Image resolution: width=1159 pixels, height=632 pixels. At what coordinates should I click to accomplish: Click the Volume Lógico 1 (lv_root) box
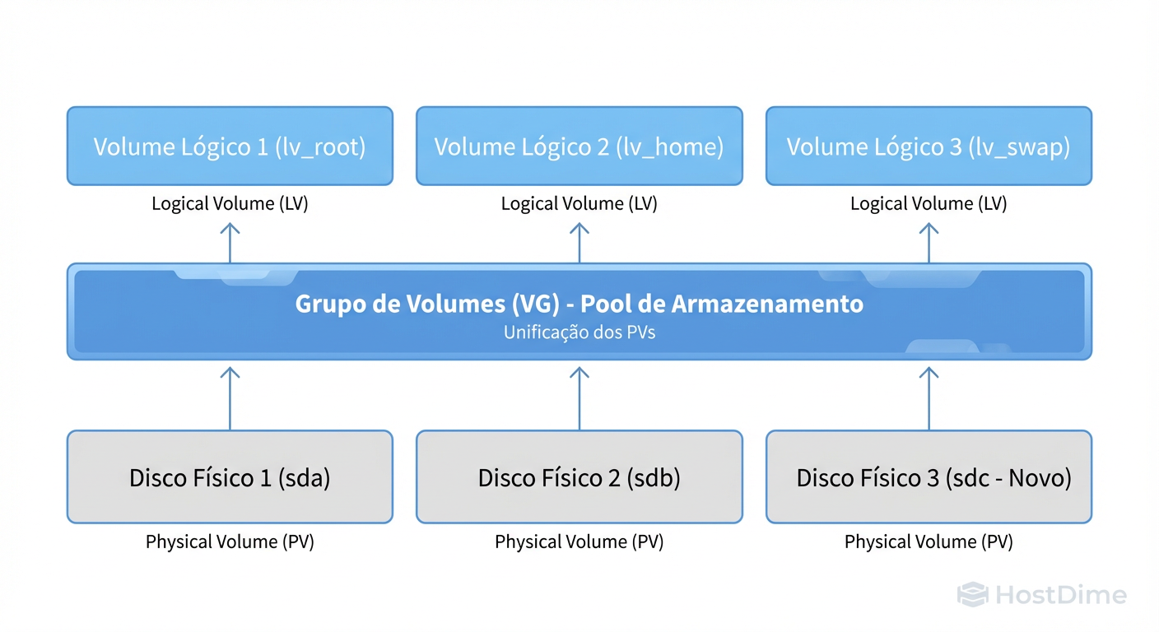pos(230,146)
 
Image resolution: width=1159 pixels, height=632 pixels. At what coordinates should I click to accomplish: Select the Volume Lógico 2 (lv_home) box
pos(579,146)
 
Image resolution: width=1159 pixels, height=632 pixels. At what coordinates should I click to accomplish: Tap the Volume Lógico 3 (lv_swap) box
pos(929,146)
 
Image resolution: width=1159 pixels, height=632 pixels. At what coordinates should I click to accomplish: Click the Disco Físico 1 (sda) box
pos(230,477)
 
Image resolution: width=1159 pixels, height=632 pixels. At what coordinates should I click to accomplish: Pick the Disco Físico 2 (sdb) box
pos(579,477)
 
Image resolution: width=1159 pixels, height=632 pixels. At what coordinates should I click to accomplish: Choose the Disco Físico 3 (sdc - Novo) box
pos(929,477)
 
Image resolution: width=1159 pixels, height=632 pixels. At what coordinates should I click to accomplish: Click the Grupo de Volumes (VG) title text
pos(579,304)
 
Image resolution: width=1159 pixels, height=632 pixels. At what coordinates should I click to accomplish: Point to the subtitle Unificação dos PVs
pos(579,333)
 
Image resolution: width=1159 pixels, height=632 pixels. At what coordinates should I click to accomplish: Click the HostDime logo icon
pos(972,595)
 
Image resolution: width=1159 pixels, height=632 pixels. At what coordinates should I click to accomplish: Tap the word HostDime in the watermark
pos(1060,595)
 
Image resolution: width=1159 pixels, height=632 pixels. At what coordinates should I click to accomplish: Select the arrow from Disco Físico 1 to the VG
pos(230,397)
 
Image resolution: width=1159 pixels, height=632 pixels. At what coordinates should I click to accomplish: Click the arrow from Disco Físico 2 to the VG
pos(579,397)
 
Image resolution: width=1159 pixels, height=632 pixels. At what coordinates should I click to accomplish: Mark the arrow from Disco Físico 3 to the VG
pos(929,397)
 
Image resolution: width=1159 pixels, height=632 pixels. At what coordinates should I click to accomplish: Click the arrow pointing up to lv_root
pos(230,242)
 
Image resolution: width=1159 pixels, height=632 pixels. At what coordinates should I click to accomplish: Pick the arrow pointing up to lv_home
pos(579,242)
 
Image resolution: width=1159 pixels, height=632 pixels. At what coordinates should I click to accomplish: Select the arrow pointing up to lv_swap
pos(929,242)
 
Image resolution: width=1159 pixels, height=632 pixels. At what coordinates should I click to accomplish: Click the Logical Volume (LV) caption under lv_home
pos(579,204)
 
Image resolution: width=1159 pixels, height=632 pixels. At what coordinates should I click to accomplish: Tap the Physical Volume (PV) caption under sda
pos(230,542)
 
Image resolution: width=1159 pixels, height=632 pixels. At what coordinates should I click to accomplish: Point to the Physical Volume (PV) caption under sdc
pos(929,542)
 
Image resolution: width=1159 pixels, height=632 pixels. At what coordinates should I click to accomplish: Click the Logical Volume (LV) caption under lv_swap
pos(929,204)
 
